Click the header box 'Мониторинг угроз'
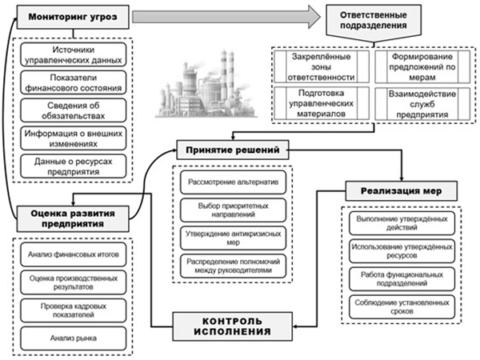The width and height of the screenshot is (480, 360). coord(73,17)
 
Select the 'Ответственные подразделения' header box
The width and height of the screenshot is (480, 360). coord(374,22)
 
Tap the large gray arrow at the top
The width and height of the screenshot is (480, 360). coord(226,17)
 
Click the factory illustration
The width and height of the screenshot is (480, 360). coord(206,83)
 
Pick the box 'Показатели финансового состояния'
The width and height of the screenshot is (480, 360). coord(74,82)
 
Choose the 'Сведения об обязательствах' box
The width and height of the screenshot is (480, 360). coord(74,110)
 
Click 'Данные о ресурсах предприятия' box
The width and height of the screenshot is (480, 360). coord(74,166)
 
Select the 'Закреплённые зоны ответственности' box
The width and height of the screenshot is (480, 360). coord(322,66)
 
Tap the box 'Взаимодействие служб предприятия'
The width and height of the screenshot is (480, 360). coord(422,104)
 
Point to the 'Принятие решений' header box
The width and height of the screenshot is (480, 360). coord(233,150)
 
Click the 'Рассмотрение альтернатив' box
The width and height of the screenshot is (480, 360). coord(234,182)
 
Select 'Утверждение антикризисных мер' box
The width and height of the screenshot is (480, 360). coord(234,238)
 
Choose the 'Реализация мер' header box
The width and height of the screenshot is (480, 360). coord(402,191)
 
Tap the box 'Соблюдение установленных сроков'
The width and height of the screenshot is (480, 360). coord(402,306)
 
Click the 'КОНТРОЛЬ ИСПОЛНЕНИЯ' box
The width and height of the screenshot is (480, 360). coord(233,326)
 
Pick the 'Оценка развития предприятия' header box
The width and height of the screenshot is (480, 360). coord(73,218)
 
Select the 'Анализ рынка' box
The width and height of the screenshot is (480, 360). coord(74,338)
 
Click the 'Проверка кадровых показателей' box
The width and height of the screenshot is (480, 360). coord(74,310)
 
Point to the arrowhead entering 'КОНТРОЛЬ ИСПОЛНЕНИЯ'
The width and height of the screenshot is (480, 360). coord(294,326)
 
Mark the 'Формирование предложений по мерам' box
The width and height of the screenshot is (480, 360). coord(422,66)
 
